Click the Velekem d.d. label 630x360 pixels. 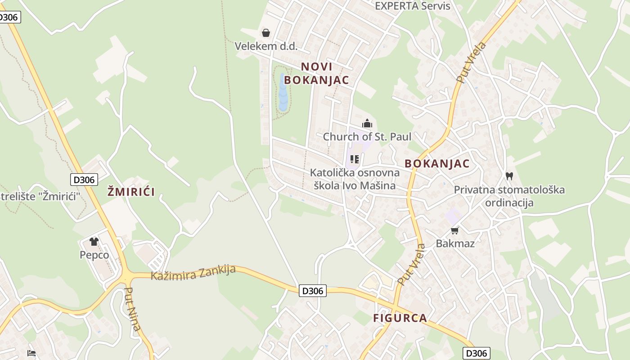pyautogui.click(x=266, y=46)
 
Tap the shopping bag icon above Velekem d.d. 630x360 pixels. pyautogui.click(x=266, y=33)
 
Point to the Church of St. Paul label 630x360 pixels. pyautogui.click(x=367, y=136)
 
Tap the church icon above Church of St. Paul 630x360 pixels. pyautogui.click(x=367, y=123)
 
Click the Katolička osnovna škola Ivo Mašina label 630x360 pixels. pyautogui.click(x=355, y=179)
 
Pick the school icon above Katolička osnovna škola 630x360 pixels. pyautogui.click(x=355, y=159)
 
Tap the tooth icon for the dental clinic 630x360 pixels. pyautogui.click(x=509, y=176)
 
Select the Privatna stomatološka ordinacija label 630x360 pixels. pyautogui.click(x=509, y=196)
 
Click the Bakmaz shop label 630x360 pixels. pyautogui.click(x=455, y=243)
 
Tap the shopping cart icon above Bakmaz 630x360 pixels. pyautogui.click(x=455, y=231)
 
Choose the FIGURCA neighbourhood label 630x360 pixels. pyautogui.click(x=400, y=318)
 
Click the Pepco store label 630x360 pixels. pyautogui.click(x=94, y=255)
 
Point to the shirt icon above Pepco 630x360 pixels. pyautogui.click(x=94, y=242)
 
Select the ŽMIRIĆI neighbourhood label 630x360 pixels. pyautogui.click(x=131, y=192)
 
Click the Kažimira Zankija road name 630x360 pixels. pyautogui.click(x=193, y=273)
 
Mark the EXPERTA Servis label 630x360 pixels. pyautogui.click(x=413, y=6)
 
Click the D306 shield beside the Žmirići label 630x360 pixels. pyautogui.click(x=84, y=180)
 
